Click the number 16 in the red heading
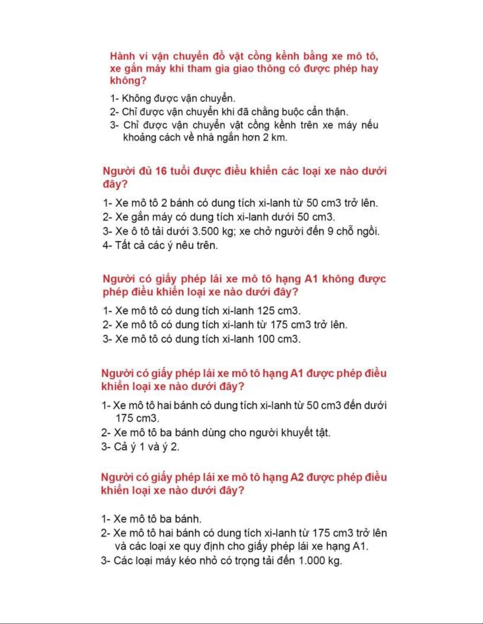click(161, 171)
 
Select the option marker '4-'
click(107, 245)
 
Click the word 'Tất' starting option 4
click(123, 245)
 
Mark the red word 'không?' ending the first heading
click(128, 81)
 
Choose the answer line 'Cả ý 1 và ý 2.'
click(140, 447)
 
